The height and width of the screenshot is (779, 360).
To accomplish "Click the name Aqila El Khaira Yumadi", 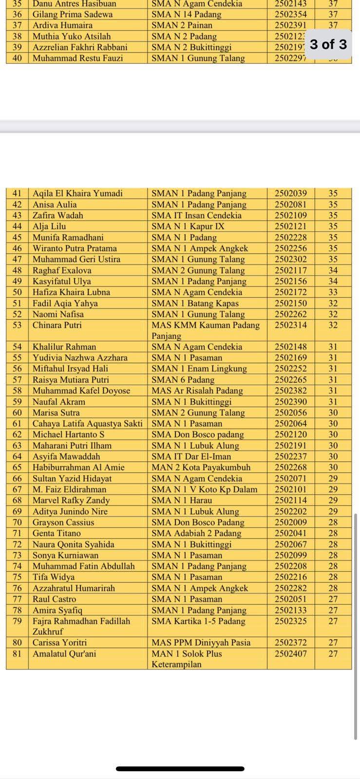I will tap(77, 193).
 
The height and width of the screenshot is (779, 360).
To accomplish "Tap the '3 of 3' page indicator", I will tap(328, 44).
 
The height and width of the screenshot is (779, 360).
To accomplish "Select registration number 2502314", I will tap(291, 325).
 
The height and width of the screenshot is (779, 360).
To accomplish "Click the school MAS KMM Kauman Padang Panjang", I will tap(206, 330).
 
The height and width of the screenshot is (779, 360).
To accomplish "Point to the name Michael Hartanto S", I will tap(68, 434).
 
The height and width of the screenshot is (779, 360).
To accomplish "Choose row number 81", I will tap(17, 653).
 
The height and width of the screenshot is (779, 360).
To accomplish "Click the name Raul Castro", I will tap(54, 599).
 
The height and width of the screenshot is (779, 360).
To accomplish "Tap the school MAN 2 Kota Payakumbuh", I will tap(201, 467).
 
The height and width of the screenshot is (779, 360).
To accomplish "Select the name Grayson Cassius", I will tap(63, 522).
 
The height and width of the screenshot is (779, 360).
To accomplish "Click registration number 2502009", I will tap(291, 522).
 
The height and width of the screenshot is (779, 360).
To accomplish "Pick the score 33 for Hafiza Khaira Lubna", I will tap(333, 292).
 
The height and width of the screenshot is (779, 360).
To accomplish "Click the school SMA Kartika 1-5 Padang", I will tap(198, 621).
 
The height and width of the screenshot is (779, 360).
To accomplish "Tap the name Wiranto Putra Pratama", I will tap(75, 248).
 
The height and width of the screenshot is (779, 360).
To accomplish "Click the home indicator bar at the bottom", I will tap(180, 769).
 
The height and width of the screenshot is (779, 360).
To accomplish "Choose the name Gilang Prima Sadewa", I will tap(72, 14).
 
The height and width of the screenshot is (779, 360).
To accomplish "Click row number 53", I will tap(17, 325).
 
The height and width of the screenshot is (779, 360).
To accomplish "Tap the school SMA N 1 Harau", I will tap(182, 500).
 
